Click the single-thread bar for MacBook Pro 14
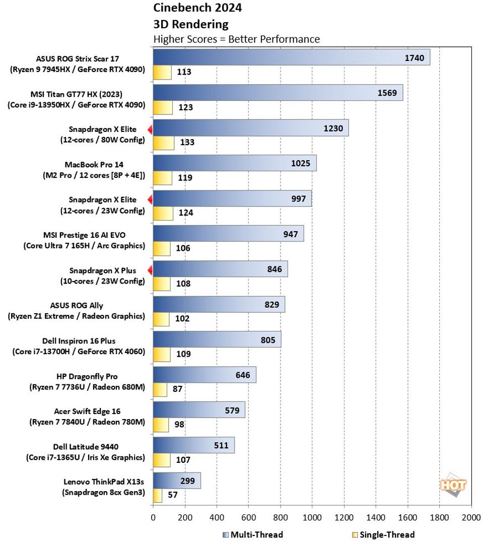pyautogui.click(x=162, y=178)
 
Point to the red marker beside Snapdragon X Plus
pyautogui.click(x=150, y=270)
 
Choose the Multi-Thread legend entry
pyautogui.click(x=252, y=534)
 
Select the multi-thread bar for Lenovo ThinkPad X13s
pyautogui.click(x=176, y=481)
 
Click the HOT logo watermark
pyautogui.click(x=453, y=485)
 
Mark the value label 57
pyautogui.click(x=173, y=495)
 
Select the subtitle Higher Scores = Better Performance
pyautogui.click(x=236, y=39)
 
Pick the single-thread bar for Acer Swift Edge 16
pyautogui.click(x=161, y=425)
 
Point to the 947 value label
pyautogui.click(x=290, y=234)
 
